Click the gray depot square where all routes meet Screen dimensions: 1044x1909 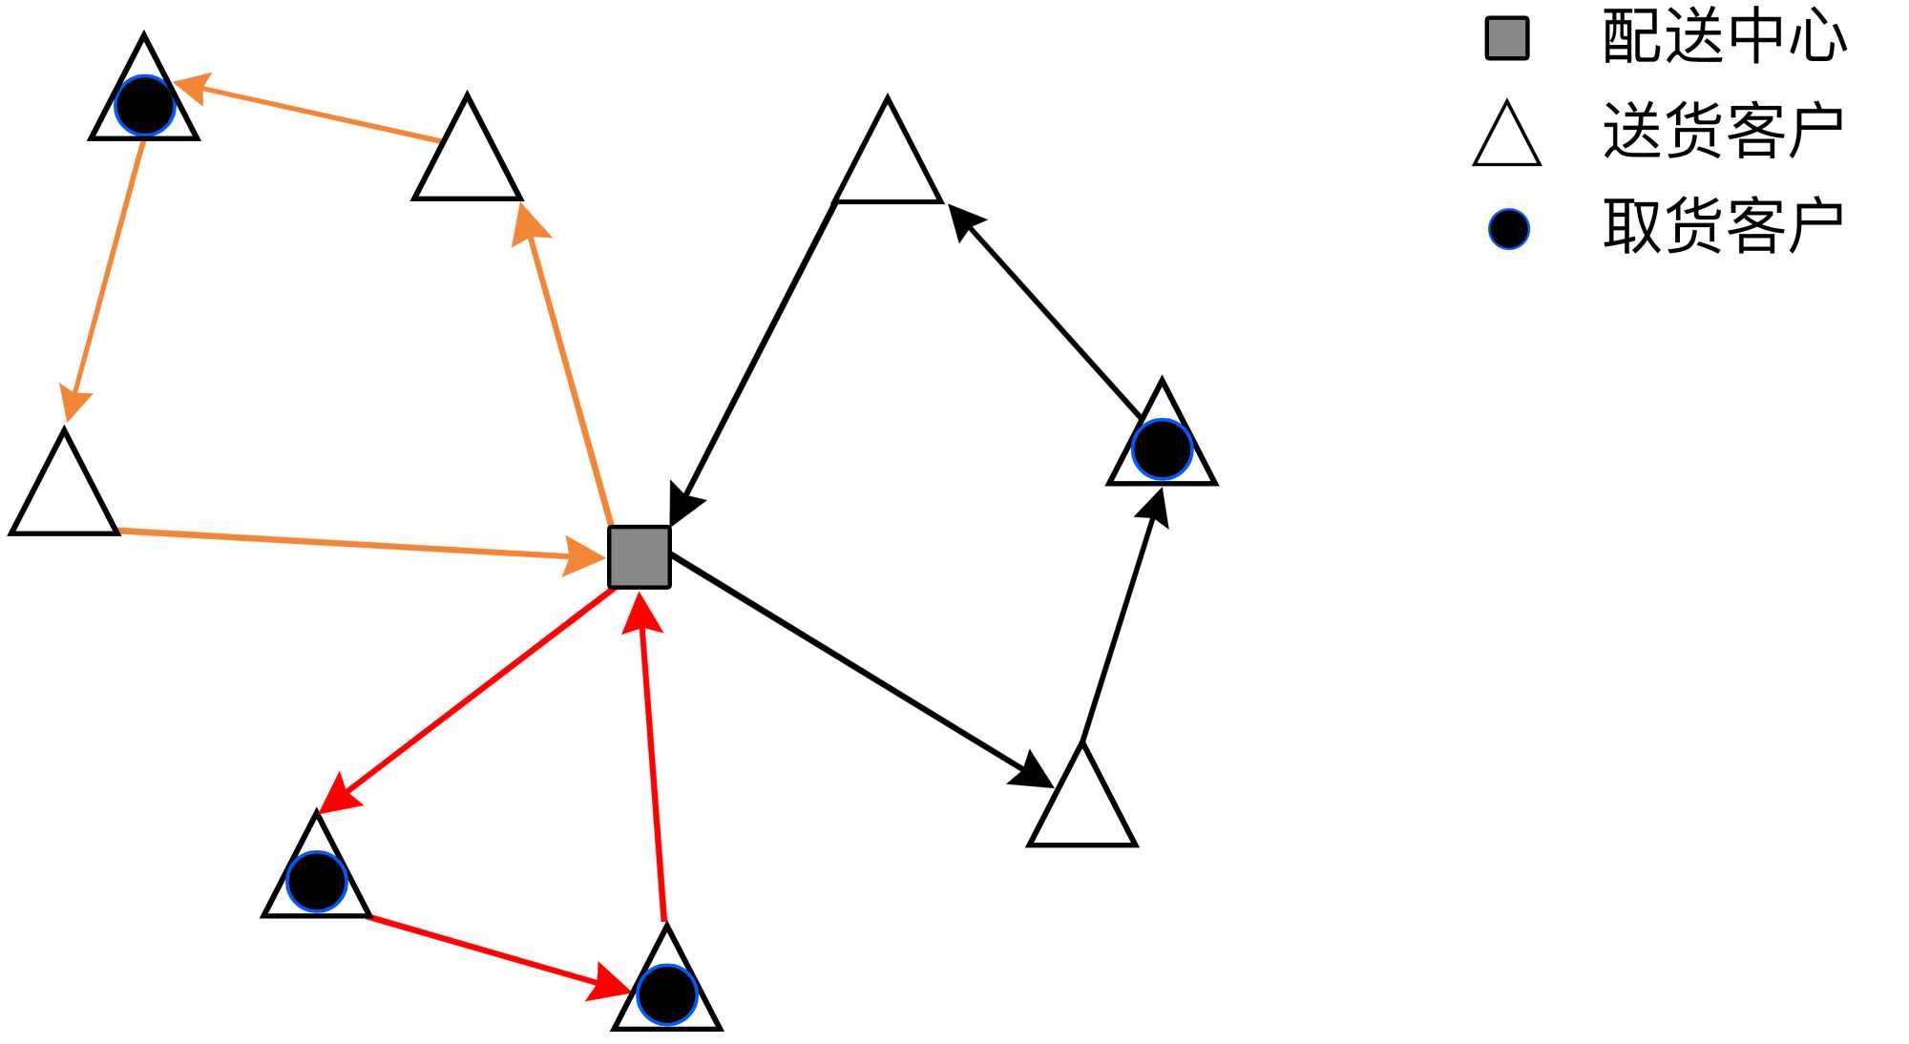click(x=640, y=557)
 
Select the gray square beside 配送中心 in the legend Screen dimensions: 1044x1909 click(x=1507, y=39)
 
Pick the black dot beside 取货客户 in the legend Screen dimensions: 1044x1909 click(x=1509, y=230)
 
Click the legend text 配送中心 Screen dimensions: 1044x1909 click(x=1724, y=38)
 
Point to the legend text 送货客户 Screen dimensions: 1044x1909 click(x=1724, y=131)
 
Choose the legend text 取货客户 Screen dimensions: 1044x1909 click(x=1724, y=226)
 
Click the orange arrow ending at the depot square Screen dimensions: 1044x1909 click(x=353, y=544)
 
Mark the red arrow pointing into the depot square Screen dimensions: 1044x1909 click(x=653, y=754)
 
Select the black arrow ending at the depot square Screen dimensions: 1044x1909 click(x=754, y=363)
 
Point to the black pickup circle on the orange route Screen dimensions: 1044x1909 click(x=145, y=105)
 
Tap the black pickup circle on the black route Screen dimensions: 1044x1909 click(x=1162, y=449)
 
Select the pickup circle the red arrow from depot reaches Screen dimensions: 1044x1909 click(x=316, y=882)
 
